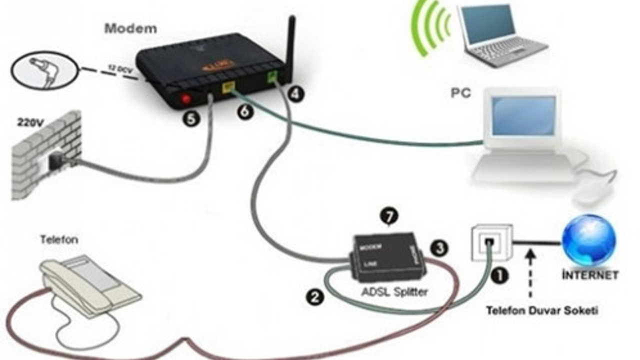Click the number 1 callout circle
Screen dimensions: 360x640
point(500,275)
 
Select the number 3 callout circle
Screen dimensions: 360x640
point(438,247)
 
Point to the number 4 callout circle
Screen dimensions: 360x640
point(296,93)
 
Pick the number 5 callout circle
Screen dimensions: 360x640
point(192,118)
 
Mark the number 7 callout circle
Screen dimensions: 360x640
point(389,216)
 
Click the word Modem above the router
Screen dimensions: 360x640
point(130,28)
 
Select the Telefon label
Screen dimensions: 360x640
point(59,240)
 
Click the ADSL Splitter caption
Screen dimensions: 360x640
point(394,292)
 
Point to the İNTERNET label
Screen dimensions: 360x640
point(590,274)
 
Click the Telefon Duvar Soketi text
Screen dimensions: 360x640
point(541,310)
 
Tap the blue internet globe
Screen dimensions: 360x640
point(589,240)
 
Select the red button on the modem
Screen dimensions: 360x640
point(186,98)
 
